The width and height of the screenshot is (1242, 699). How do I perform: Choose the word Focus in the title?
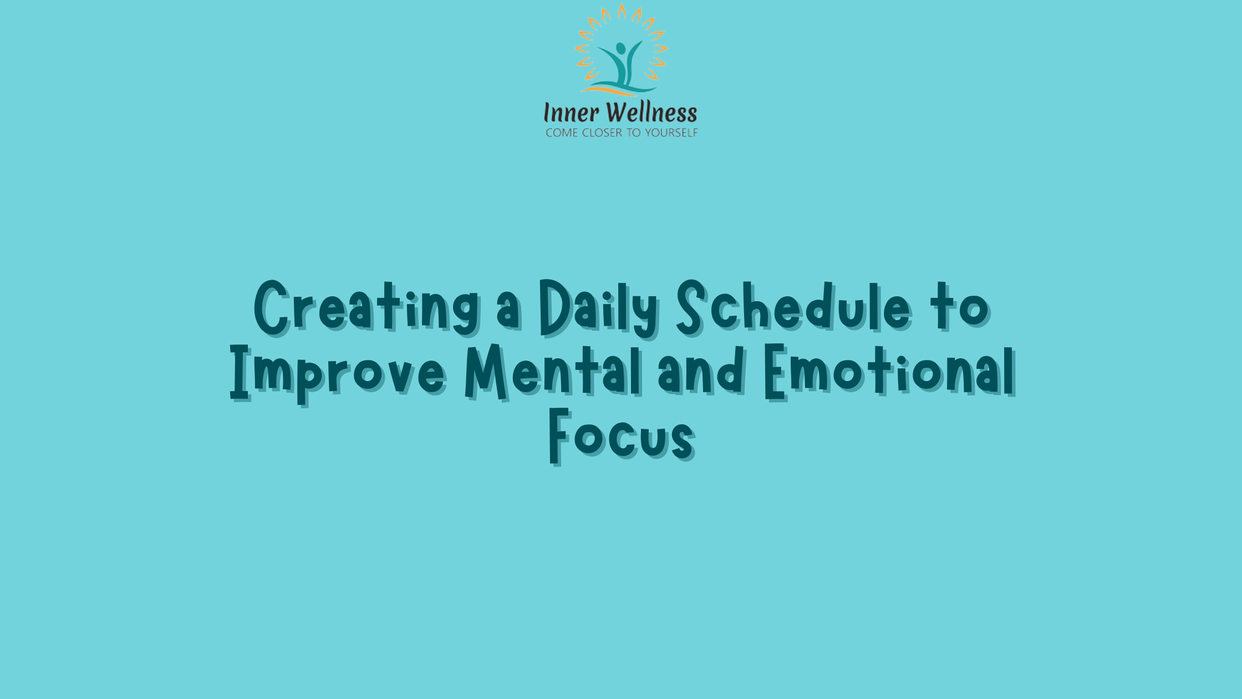pyautogui.click(x=621, y=435)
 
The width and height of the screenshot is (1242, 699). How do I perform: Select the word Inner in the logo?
pyautogui.click(x=571, y=113)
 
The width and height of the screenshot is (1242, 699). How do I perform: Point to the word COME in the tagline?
pyautogui.click(x=562, y=133)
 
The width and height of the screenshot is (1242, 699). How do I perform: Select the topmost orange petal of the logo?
pyautogui.click(x=622, y=12)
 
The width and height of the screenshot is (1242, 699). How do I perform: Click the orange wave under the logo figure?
pyautogui.click(x=604, y=89)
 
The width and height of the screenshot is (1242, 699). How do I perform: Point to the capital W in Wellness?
pyautogui.click(x=617, y=113)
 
